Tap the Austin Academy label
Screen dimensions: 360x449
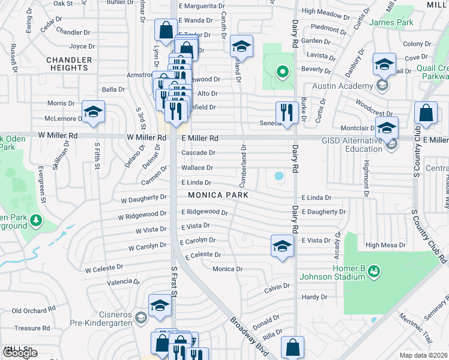351,86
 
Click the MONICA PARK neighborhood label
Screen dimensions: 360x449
218,195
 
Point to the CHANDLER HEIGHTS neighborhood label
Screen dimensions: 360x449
69,64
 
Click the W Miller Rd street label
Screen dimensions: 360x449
146,137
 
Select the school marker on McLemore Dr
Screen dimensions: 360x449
93,112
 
